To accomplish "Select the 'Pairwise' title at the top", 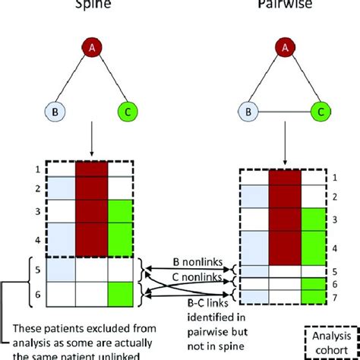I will pyautogui.click(x=282, y=4).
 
